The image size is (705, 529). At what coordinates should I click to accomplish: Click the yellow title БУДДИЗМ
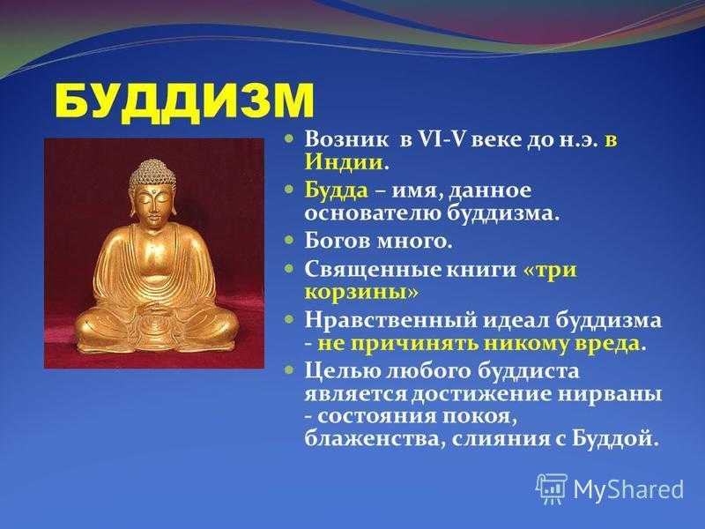(x=183, y=101)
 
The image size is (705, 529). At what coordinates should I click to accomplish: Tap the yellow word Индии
(x=344, y=162)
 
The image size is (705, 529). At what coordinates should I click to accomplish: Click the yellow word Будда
(x=337, y=190)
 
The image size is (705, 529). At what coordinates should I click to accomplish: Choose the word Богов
(x=337, y=241)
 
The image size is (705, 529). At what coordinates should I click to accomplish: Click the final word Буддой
(x=612, y=438)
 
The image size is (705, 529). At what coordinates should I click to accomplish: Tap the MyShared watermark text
(x=628, y=489)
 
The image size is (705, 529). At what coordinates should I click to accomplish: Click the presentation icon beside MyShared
(x=552, y=489)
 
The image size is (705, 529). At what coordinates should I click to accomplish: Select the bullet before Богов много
(x=291, y=240)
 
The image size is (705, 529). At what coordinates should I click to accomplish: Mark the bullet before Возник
(x=291, y=138)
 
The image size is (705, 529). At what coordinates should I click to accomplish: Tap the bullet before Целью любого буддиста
(x=291, y=369)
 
